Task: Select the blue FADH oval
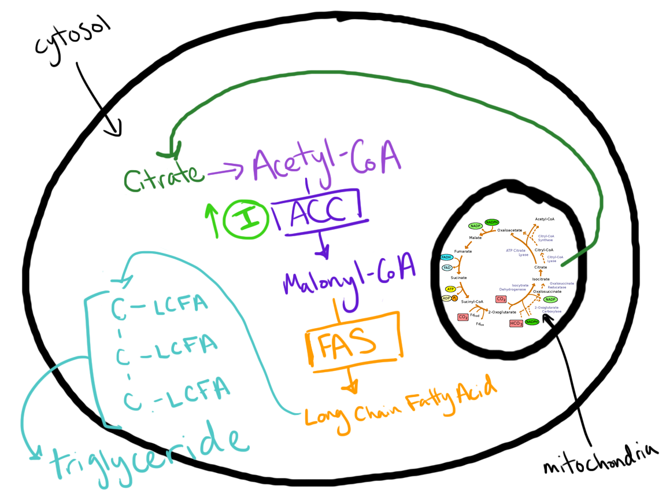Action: click(x=447, y=257)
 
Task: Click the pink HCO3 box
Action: click(x=516, y=323)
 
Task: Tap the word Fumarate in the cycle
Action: click(x=463, y=251)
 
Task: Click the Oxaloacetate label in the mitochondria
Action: click(x=509, y=230)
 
